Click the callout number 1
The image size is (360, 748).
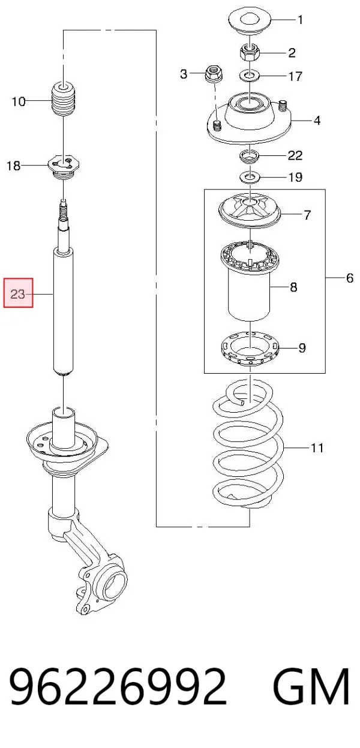(x=300, y=20)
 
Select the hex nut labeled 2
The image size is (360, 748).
(x=250, y=52)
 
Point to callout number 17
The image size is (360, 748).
(x=295, y=76)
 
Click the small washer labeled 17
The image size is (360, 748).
(x=250, y=76)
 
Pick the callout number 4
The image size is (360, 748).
(x=317, y=120)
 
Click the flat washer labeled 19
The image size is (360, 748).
(x=250, y=176)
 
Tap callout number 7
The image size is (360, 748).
(x=308, y=214)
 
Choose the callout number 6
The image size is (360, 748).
(x=350, y=278)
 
